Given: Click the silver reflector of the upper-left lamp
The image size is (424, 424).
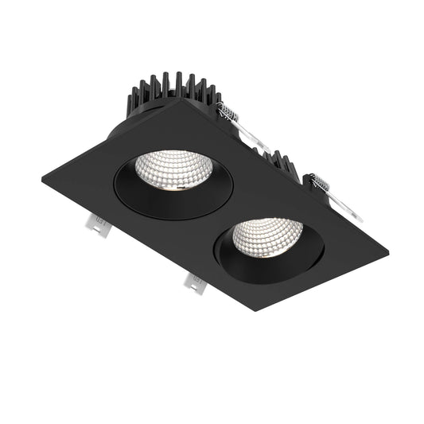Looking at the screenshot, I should coord(173,166).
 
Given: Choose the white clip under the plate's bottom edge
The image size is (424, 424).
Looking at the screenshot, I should coord(195,282).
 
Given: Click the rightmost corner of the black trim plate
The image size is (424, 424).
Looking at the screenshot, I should coord(387,253).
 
